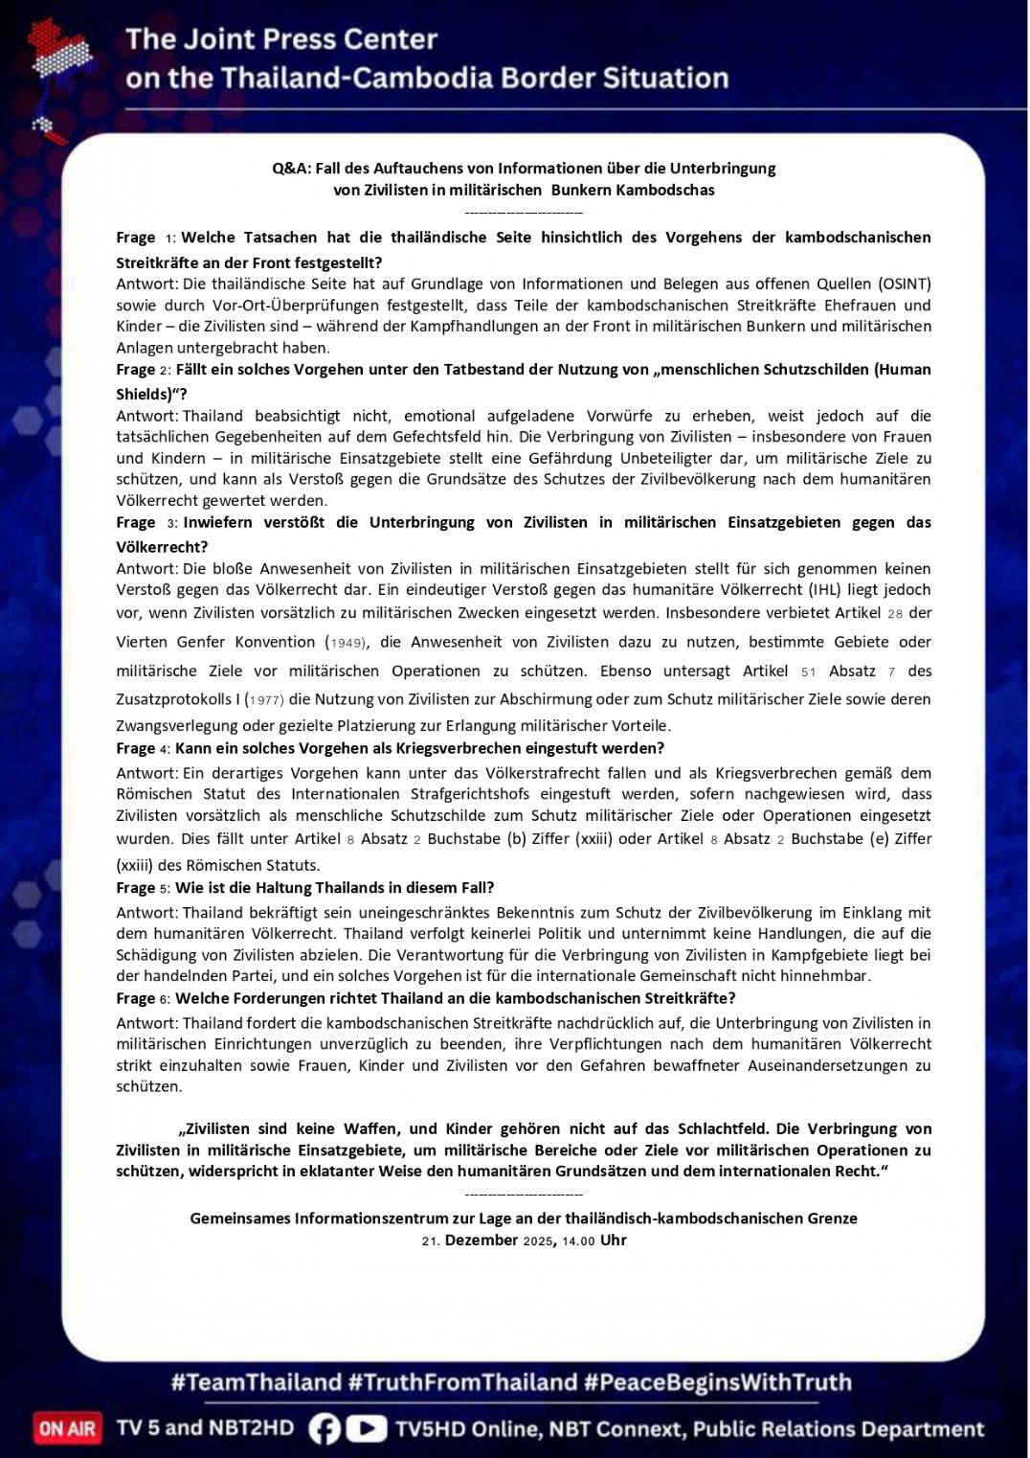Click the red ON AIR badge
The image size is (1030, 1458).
tap(67, 1428)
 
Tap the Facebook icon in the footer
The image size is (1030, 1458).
tap(325, 1428)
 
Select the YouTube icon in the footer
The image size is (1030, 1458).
tap(366, 1428)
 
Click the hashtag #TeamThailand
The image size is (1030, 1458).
tap(256, 1382)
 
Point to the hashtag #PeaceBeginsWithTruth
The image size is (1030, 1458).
tap(717, 1382)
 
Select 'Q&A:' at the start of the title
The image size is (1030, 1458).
tap(290, 169)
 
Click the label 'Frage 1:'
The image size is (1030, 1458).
tap(146, 238)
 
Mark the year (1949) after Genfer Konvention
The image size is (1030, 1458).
tap(346, 643)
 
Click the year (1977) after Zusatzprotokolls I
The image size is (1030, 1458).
tap(264, 700)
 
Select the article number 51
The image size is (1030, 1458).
tap(809, 672)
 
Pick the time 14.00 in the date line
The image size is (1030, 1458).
tap(578, 1241)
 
